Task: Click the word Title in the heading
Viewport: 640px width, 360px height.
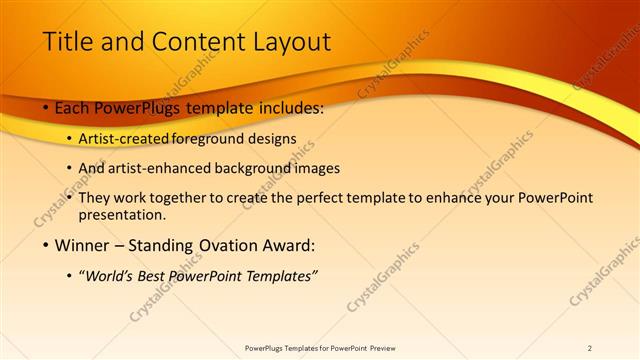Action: click(x=69, y=41)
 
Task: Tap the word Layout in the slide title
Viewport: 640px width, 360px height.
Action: click(x=289, y=41)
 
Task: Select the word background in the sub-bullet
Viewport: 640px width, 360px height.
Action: click(x=250, y=168)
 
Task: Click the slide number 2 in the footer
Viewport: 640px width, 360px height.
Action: click(x=590, y=348)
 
